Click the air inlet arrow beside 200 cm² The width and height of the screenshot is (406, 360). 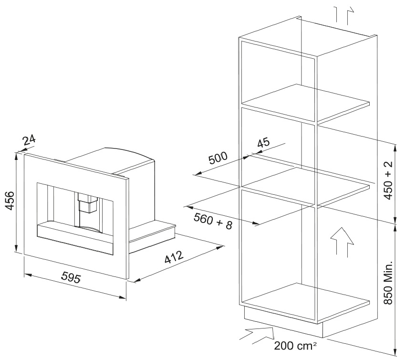(x=256, y=334)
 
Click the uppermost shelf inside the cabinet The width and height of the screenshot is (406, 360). (x=305, y=102)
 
